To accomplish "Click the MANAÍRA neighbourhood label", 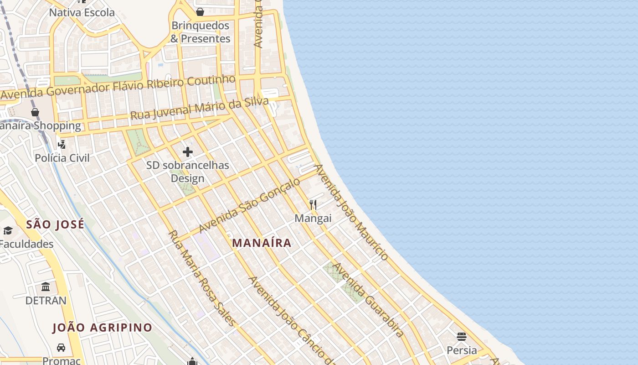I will pyautogui.click(x=262, y=243).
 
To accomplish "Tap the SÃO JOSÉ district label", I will pyautogui.click(x=55, y=224).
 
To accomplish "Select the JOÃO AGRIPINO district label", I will pyautogui.click(x=102, y=328).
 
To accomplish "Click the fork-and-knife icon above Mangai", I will pyautogui.click(x=313, y=204).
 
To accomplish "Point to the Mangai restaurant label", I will pyautogui.click(x=313, y=218).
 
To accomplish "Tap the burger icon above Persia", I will pyautogui.click(x=462, y=337).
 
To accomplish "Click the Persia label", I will pyautogui.click(x=462, y=350).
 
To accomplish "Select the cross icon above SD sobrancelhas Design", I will pyautogui.click(x=188, y=152).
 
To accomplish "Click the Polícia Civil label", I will pyautogui.click(x=62, y=158).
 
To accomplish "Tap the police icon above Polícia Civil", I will pyautogui.click(x=62, y=145).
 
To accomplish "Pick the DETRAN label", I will pyautogui.click(x=46, y=301).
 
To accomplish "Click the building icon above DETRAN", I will pyautogui.click(x=46, y=287).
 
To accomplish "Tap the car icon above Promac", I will pyautogui.click(x=61, y=348).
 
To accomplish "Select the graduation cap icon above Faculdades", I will pyautogui.click(x=8, y=230).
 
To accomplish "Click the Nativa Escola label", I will pyautogui.click(x=82, y=12).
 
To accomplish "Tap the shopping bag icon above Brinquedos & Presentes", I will pyautogui.click(x=200, y=12).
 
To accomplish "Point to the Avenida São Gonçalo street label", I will pyautogui.click(x=250, y=205).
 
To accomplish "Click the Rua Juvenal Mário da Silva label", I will pyautogui.click(x=199, y=109).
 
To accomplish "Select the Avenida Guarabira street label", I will pyautogui.click(x=368, y=300).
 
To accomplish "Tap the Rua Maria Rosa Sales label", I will pyautogui.click(x=202, y=278).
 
